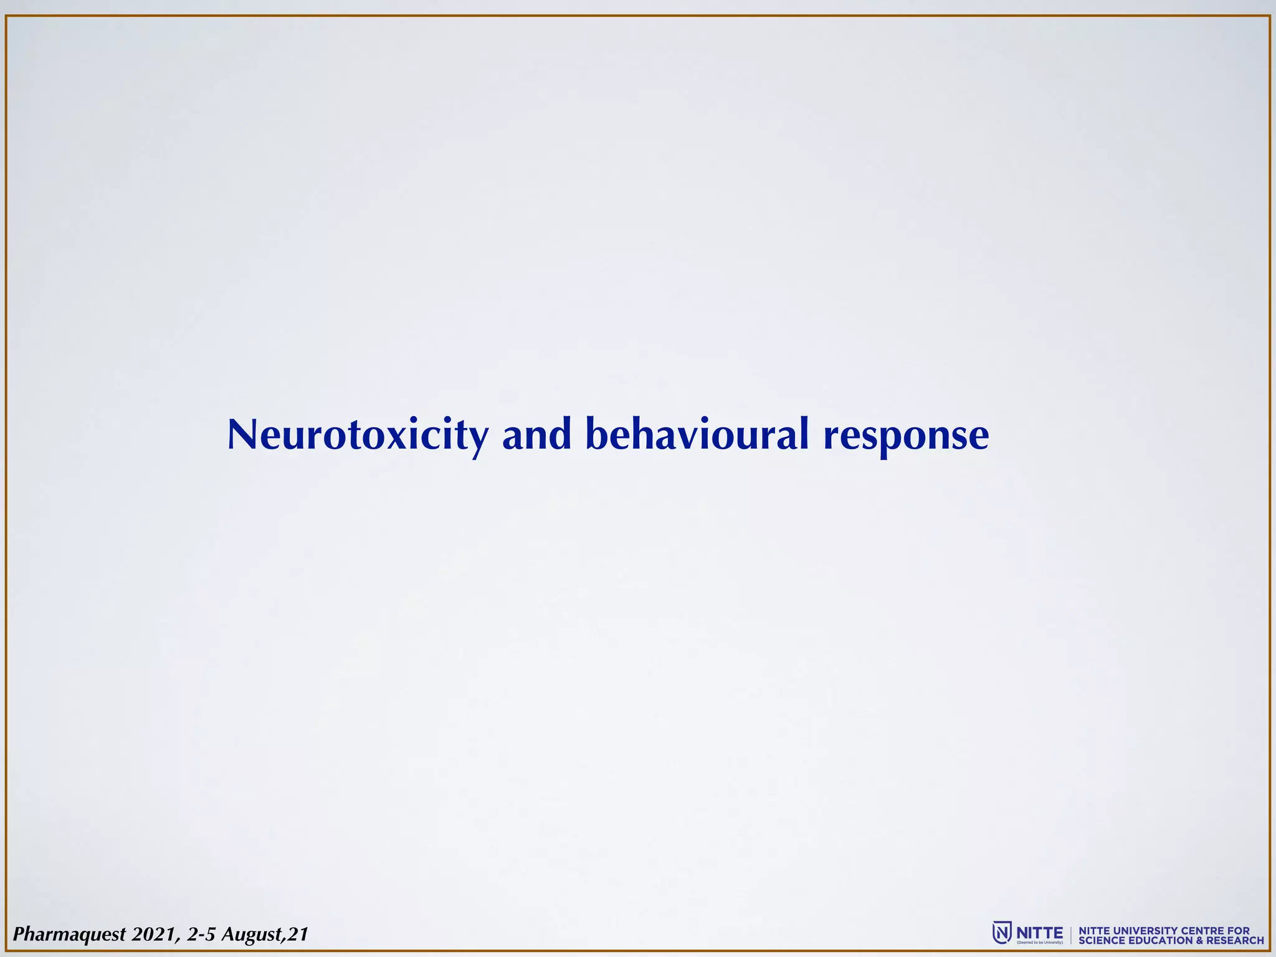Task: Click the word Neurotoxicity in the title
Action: tap(358, 436)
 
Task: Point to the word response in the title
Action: tap(906, 437)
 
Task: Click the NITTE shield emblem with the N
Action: tap(1001, 933)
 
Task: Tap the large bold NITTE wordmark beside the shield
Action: tap(1040, 932)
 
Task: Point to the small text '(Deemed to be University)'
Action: tap(1040, 943)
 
